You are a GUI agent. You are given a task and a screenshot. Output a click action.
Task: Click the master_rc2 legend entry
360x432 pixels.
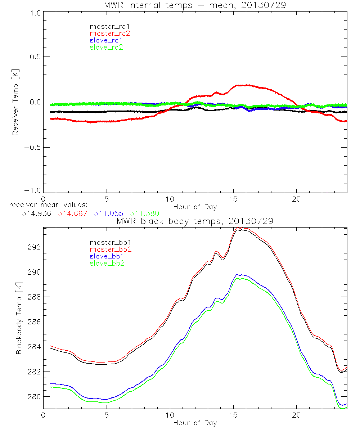(109, 33)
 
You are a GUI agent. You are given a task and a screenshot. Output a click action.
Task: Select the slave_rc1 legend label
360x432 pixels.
(106, 40)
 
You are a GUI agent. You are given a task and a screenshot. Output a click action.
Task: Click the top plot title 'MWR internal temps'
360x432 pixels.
(197, 5)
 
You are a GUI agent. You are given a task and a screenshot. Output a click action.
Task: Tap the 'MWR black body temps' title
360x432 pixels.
(195, 221)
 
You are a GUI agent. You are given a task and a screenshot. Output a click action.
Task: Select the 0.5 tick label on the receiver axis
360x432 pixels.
(34, 57)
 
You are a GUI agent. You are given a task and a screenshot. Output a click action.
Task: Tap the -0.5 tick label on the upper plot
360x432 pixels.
(33, 147)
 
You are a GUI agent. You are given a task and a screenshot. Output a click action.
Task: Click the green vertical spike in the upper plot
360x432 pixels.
(327, 155)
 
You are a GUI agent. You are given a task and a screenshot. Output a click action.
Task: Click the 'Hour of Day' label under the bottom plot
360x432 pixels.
(195, 423)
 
